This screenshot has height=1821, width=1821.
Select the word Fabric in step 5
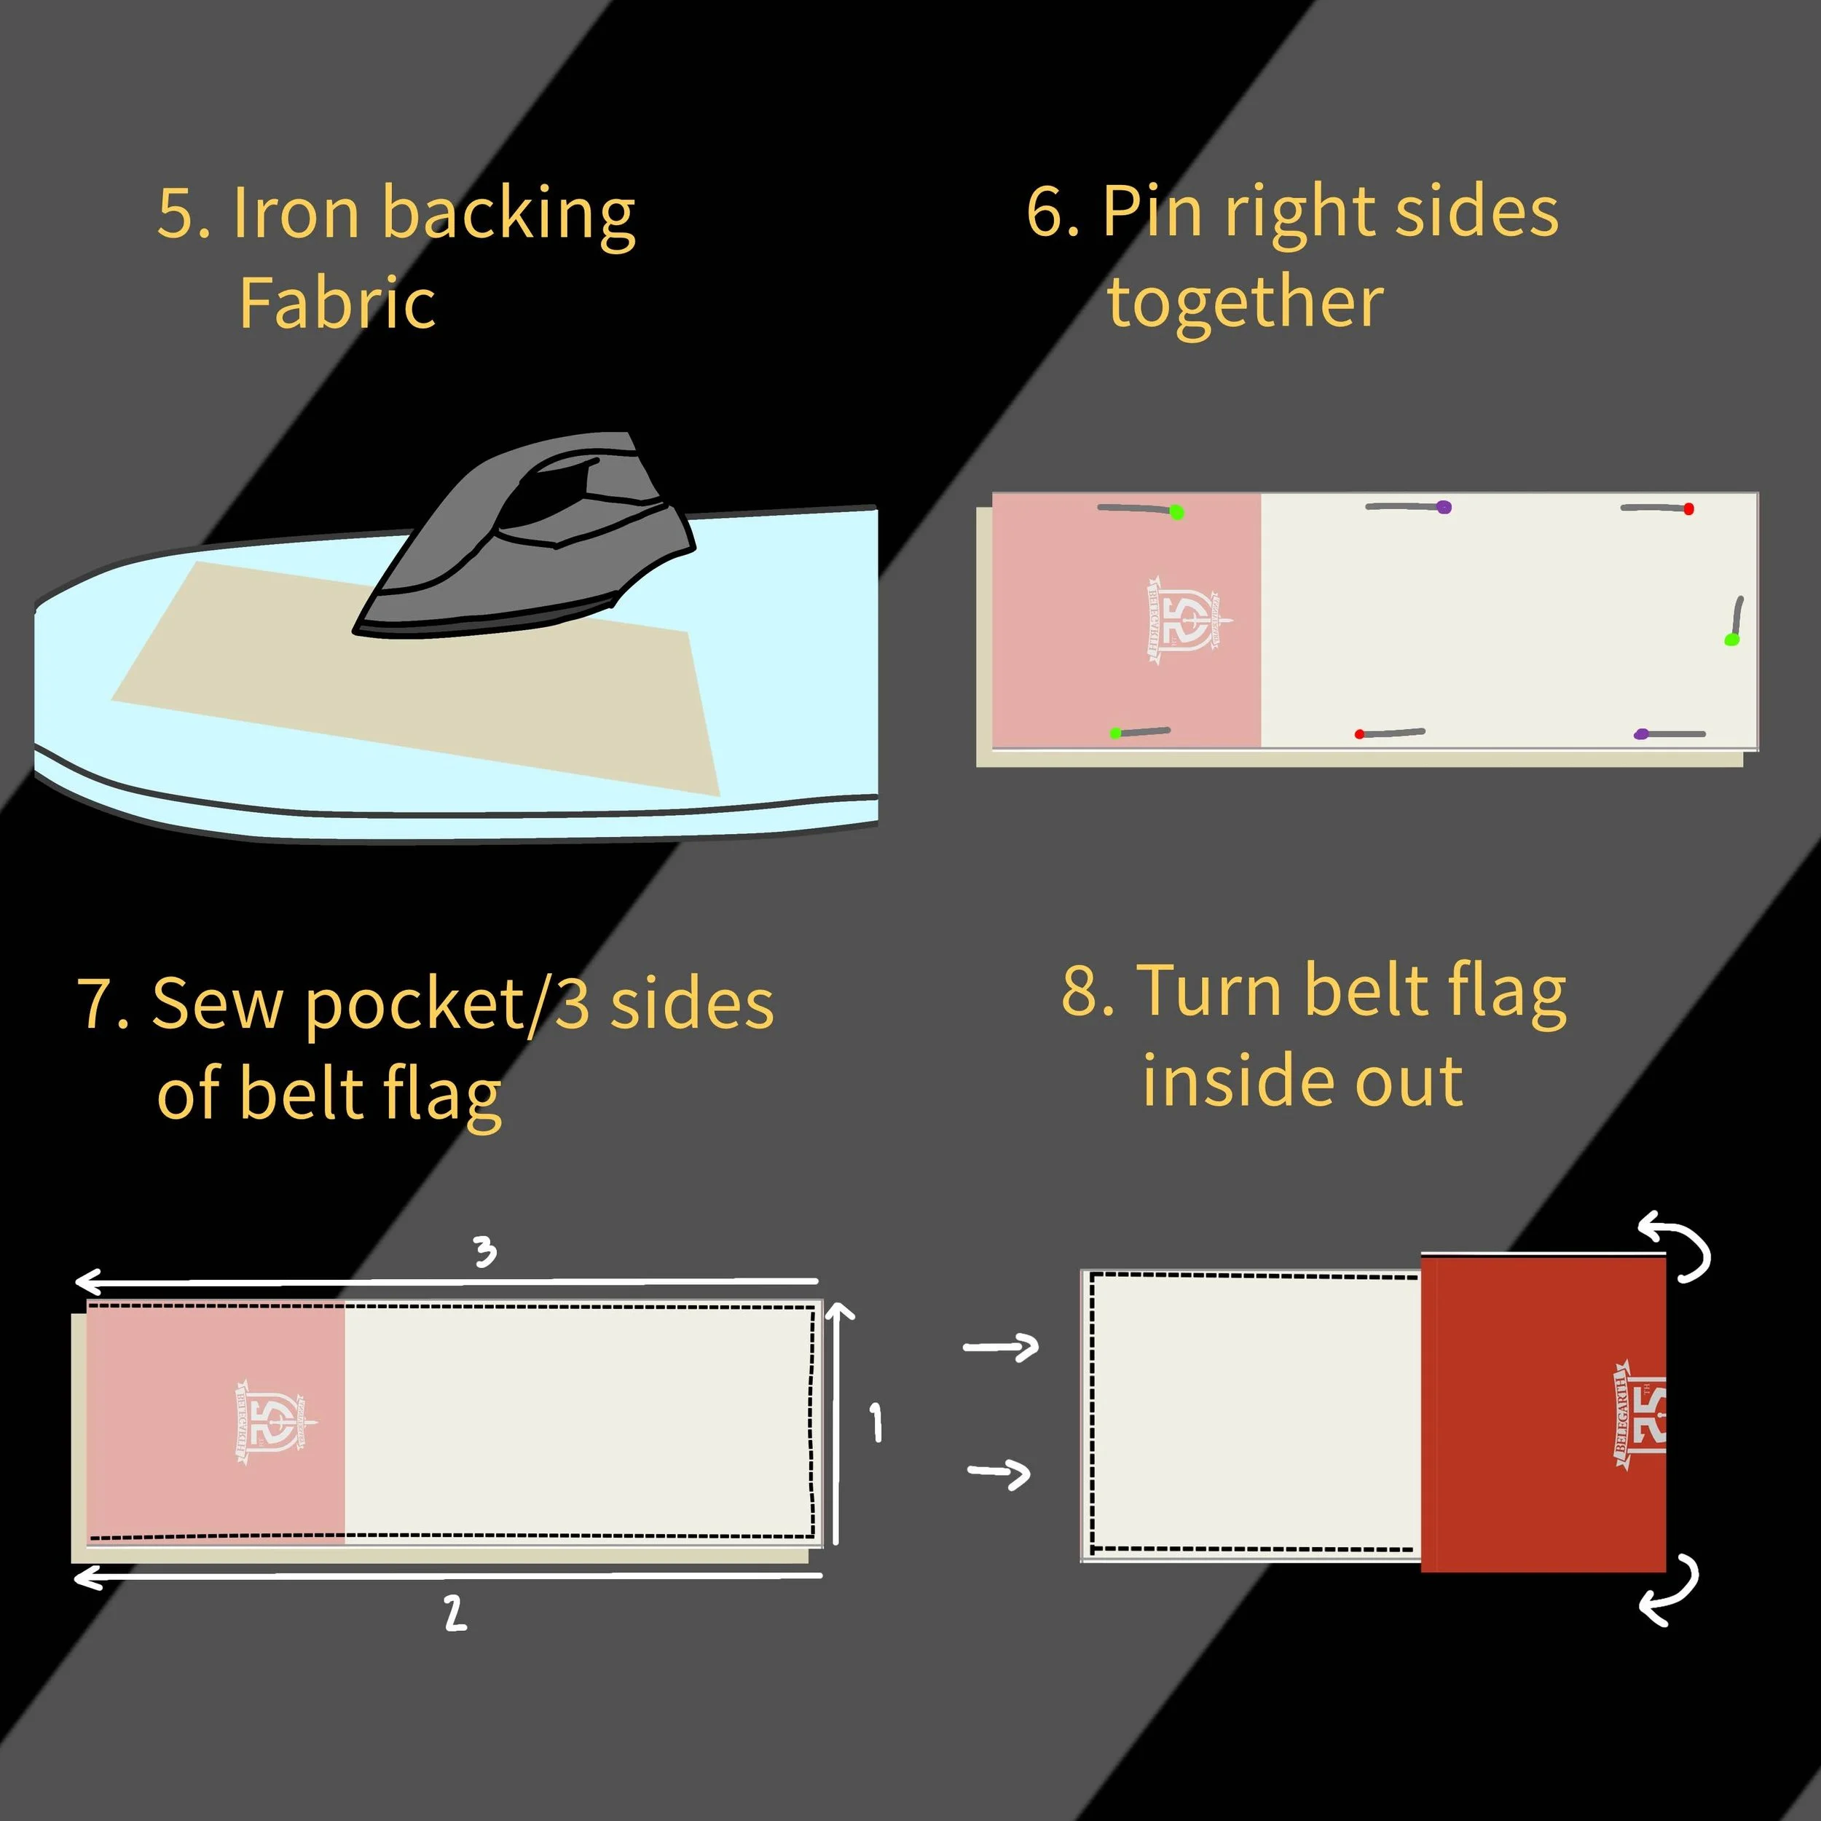coord(337,304)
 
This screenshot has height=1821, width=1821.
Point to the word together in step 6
coord(1245,304)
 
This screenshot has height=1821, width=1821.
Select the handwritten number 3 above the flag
coord(484,1251)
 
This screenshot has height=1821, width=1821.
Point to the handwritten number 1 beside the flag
coord(876,1423)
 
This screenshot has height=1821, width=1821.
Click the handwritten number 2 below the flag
coord(455,1613)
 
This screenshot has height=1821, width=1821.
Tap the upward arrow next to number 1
coord(838,1423)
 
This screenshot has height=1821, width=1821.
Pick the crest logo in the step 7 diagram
coord(273,1423)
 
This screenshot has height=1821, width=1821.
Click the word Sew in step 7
coord(216,1004)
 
